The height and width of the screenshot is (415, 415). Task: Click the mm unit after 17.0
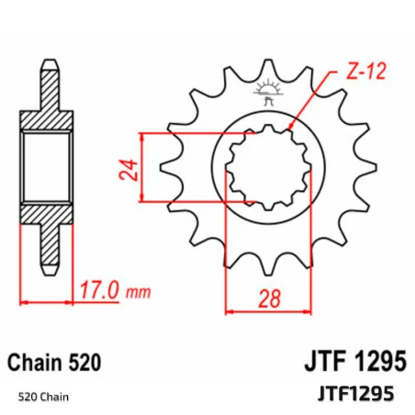(137, 293)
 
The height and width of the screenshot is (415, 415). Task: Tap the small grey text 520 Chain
(43, 397)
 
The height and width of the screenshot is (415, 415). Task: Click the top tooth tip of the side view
(48, 66)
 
